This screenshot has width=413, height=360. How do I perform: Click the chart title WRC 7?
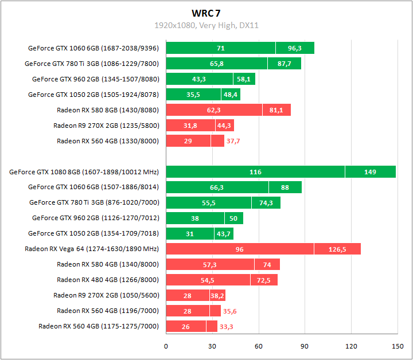click(x=206, y=13)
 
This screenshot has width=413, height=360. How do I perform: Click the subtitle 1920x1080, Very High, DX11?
click(x=206, y=25)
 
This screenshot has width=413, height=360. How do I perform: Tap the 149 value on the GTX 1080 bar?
click(x=370, y=171)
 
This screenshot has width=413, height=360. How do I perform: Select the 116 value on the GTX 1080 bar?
click(x=255, y=171)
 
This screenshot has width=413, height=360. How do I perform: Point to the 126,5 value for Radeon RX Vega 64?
click(x=337, y=249)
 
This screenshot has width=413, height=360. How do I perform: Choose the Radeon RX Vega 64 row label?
click(x=92, y=249)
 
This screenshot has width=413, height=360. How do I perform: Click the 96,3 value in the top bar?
click(x=295, y=48)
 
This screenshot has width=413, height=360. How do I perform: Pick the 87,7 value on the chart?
click(x=285, y=63)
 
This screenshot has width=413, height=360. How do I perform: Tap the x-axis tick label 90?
click(x=305, y=346)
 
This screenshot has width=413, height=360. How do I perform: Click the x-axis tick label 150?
click(x=397, y=346)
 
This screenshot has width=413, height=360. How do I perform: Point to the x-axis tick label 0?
click(x=166, y=346)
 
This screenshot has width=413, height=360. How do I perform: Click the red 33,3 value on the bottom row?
click(x=227, y=326)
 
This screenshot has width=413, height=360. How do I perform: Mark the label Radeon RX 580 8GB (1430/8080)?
click(x=108, y=109)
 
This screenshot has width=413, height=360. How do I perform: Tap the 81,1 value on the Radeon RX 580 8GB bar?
click(x=276, y=109)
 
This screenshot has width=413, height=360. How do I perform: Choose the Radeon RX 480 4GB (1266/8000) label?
click(x=108, y=280)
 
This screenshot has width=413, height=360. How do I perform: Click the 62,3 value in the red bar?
click(x=214, y=109)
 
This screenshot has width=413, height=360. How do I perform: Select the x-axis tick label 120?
click(x=350, y=346)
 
